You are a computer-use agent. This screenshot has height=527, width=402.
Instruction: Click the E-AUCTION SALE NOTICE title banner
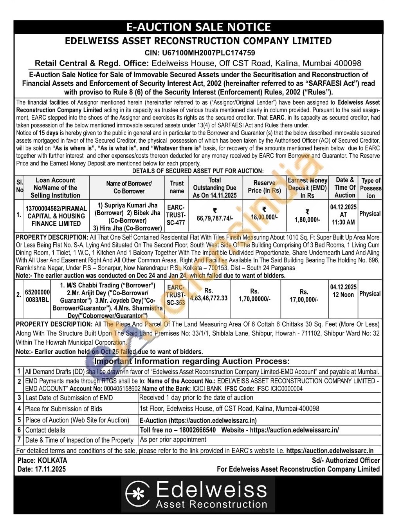[198, 27]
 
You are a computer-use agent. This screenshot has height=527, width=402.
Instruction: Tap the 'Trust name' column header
[177, 187]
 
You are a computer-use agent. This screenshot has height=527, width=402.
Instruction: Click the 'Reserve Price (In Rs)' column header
[264, 187]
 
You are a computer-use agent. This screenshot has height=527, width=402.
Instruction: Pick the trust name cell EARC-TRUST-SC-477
[176, 215]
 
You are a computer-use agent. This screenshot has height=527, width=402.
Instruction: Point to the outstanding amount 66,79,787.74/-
[215, 218]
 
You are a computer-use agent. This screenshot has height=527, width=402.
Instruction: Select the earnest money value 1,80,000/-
[307, 220]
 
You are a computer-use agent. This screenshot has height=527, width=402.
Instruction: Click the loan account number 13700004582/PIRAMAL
[56, 208]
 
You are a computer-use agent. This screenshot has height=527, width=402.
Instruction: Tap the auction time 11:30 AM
[343, 222]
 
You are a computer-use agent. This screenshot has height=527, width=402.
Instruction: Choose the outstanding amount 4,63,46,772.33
[209, 298]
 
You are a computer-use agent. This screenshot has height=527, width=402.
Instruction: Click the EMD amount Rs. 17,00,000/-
[304, 299]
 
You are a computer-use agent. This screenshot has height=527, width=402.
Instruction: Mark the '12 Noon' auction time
[343, 294]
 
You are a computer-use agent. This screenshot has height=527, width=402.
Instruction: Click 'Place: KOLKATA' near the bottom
[42, 460]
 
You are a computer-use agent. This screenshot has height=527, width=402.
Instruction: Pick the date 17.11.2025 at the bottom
[51, 469]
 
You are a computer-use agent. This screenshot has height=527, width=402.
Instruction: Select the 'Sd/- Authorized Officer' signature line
[346, 460]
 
